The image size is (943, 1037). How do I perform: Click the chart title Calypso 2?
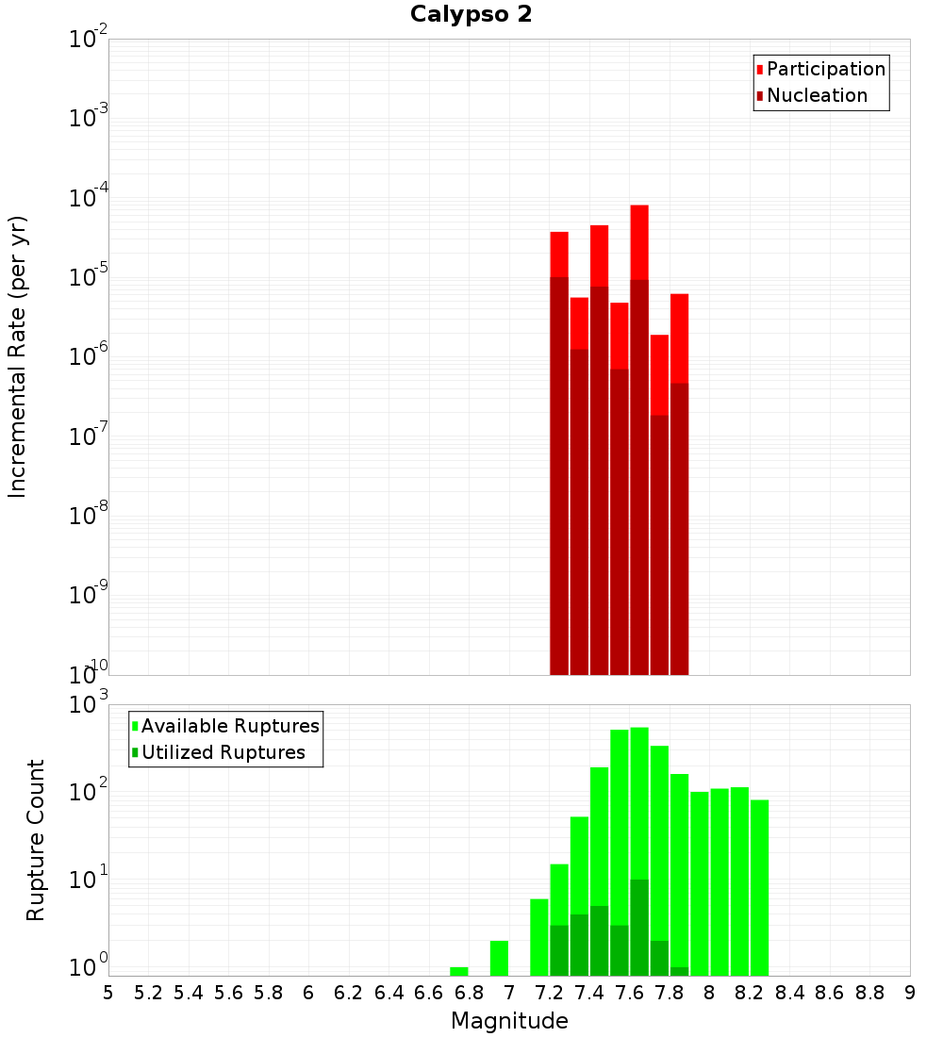(471, 15)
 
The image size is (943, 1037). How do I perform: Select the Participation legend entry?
(826, 69)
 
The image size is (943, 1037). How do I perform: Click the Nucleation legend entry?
(817, 95)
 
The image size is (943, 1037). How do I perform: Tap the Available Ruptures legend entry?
(230, 726)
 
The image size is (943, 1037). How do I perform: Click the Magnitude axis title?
(509, 1021)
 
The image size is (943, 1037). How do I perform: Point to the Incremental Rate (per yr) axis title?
(18, 356)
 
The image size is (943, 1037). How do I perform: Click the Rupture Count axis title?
(36, 840)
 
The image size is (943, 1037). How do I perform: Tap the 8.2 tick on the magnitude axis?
(750, 993)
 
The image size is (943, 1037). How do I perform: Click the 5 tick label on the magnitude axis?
(108, 993)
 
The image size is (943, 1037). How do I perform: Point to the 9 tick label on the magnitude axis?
(910, 993)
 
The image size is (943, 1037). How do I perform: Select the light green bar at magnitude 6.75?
(459, 971)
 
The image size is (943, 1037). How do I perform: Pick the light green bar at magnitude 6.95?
(499, 958)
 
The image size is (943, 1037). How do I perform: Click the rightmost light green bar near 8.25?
(759, 886)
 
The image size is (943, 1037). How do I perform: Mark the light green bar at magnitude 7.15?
(539, 937)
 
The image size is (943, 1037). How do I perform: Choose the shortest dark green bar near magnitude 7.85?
(679, 971)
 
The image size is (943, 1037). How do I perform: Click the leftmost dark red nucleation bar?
(559, 471)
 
